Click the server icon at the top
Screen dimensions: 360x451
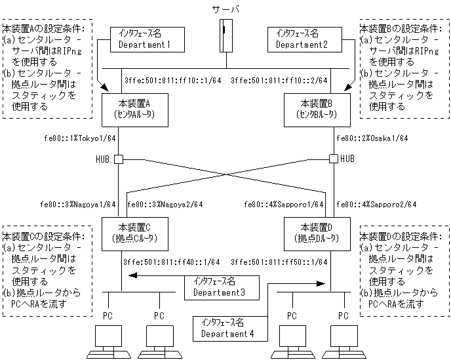click(x=226, y=37)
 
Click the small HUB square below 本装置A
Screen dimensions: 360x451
click(x=119, y=159)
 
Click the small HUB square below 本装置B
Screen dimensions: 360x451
click(x=333, y=159)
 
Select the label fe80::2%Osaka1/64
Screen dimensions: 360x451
click(x=372, y=138)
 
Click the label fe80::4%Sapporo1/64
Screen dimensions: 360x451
click(x=284, y=204)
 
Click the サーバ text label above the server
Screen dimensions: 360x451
click(x=227, y=10)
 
